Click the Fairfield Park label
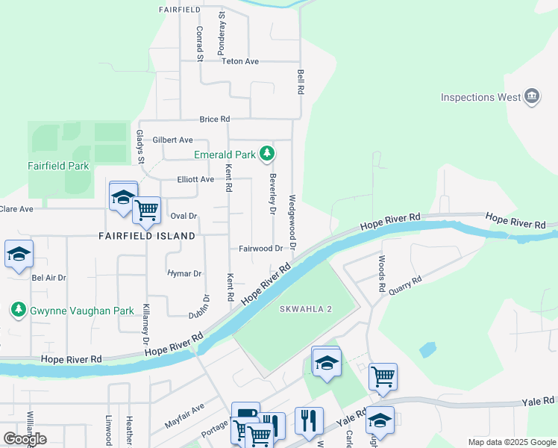(58, 166)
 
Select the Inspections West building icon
(532, 97)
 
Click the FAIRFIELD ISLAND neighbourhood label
(147, 235)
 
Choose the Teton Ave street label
(239, 61)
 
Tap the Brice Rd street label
(214, 119)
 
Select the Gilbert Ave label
(172, 140)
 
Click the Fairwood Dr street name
(260, 249)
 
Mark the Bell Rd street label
(301, 82)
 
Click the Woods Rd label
(381, 274)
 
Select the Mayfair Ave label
(184, 415)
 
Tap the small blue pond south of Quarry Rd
(427, 349)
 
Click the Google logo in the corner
(25, 439)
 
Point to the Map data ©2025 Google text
(510, 442)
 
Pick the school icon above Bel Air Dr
(19, 254)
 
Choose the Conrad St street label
(200, 43)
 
